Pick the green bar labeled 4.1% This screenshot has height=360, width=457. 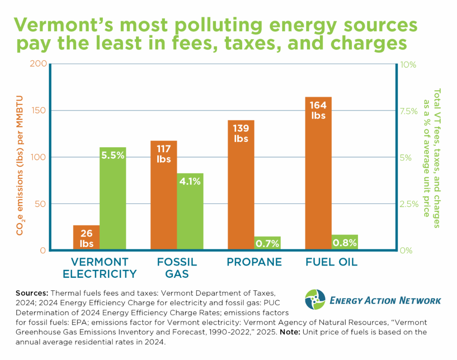pos(190,212)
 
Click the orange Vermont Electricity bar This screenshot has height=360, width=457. pos(86,237)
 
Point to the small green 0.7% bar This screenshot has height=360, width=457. pos(267,243)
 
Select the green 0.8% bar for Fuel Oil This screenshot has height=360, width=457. pos(345,242)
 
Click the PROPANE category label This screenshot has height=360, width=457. pos(254,262)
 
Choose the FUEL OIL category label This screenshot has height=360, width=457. pos(331,262)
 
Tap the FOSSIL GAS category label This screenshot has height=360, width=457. pos(177,268)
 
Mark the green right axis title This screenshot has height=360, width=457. pos(431,158)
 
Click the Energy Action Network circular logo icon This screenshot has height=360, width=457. pos(315,299)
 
